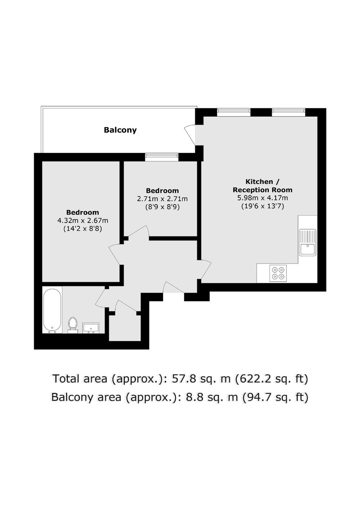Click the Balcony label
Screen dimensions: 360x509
120,130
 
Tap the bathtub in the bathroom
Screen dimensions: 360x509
52,310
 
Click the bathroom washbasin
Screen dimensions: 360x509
91,328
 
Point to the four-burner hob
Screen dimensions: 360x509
278,273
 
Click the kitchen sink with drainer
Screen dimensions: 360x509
308,242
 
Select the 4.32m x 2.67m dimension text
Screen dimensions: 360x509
83,221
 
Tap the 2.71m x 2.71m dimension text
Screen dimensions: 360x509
162,199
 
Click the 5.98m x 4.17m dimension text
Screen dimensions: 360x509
262,198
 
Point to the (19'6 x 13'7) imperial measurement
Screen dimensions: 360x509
262,206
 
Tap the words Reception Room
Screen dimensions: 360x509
262,190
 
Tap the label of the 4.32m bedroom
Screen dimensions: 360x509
83,213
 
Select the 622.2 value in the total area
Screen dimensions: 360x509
251,378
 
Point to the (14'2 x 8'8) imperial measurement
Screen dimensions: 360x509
83,229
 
